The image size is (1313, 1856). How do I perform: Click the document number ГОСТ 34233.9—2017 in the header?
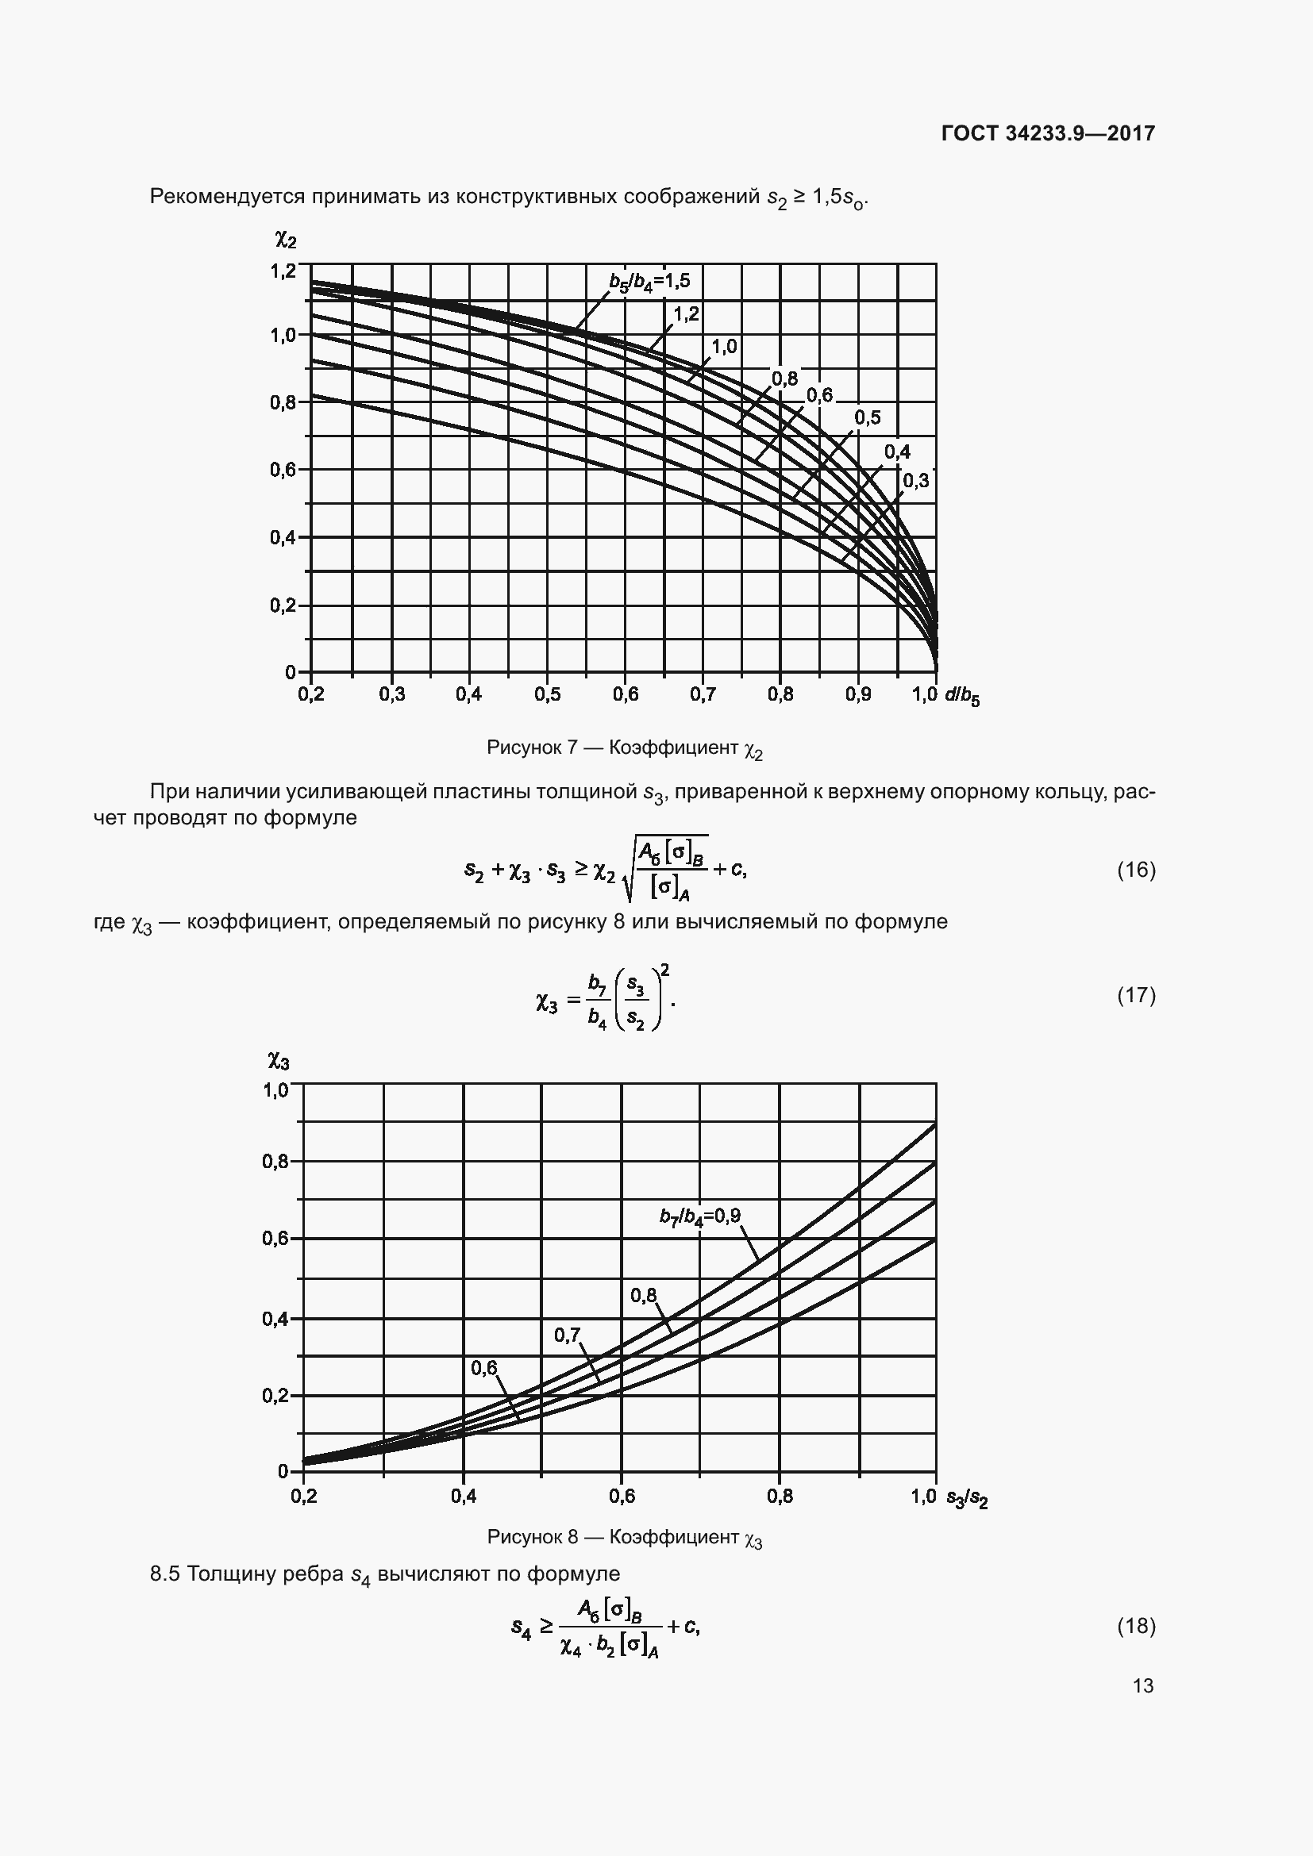(x=1048, y=133)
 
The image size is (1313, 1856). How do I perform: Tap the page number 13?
(x=1142, y=1685)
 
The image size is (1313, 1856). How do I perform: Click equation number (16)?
(x=1136, y=870)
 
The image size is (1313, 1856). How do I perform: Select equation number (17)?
(x=1136, y=995)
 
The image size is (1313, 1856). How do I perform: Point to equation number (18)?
(x=1136, y=1626)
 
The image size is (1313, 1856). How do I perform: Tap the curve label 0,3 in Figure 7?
(x=915, y=482)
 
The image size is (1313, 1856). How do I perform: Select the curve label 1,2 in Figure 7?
(x=686, y=314)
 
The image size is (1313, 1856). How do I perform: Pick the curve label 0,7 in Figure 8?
(x=567, y=1335)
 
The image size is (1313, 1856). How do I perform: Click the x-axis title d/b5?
(x=961, y=696)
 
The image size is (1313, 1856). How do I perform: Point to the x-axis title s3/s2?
(x=967, y=1498)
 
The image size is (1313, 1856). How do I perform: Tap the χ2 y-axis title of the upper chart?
(x=286, y=240)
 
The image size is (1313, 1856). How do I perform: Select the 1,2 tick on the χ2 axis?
(x=283, y=271)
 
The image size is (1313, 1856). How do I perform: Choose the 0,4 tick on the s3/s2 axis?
(x=464, y=1497)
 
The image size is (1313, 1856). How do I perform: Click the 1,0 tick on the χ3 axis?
(x=275, y=1090)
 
